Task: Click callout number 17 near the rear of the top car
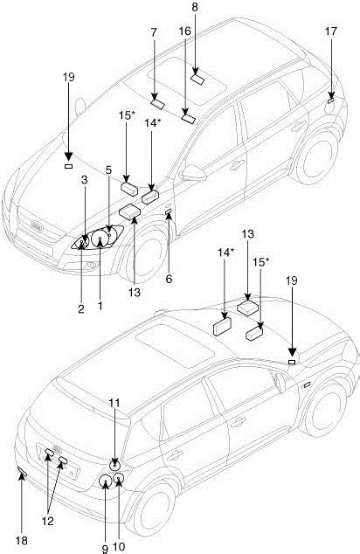331,31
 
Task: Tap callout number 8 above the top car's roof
195,7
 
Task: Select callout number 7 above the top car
153,32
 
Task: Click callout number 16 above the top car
184,31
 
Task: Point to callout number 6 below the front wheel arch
169,279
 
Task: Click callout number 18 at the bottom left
22,540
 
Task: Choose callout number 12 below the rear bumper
48,521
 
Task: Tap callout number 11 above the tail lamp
114,403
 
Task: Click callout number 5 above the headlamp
108,170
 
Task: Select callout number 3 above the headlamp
84,180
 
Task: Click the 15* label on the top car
127,115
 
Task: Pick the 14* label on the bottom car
225,253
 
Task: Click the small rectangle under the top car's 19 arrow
68,166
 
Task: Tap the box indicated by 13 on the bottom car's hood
249,308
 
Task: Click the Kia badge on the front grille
37,226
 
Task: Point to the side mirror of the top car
192,173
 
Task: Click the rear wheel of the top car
317,158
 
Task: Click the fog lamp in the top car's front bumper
91,265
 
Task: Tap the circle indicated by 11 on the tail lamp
114,466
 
